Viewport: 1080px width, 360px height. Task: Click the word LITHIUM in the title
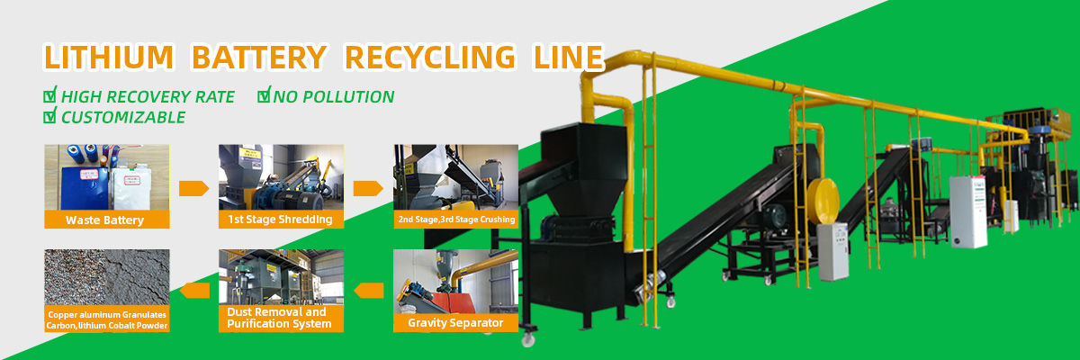click(x=108, y=57)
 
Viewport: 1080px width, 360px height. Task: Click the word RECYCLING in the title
click(x=431, y=57)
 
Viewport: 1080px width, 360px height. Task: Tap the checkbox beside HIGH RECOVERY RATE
click(x=50, y=94)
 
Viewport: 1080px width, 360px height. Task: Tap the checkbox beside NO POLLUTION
click(x=264, y=94)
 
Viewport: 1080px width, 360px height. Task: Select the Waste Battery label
click(x=104, y=220)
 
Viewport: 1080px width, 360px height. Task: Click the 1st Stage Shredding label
click(x=281, y=220)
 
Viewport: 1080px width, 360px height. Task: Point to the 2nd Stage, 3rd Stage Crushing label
click(x=455, y=220)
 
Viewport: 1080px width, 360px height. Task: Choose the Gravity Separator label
click(x=455, y=322)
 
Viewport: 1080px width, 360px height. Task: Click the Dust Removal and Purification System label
click(x=280, y=318)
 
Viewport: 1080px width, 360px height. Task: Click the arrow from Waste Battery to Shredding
click(x=193, y=188)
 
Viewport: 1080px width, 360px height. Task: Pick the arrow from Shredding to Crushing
click(x=368, y=188)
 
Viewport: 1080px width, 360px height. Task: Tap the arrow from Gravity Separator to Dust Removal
click(x=368, y=290)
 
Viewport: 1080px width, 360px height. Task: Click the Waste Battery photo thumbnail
click(x=104, y=177)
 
